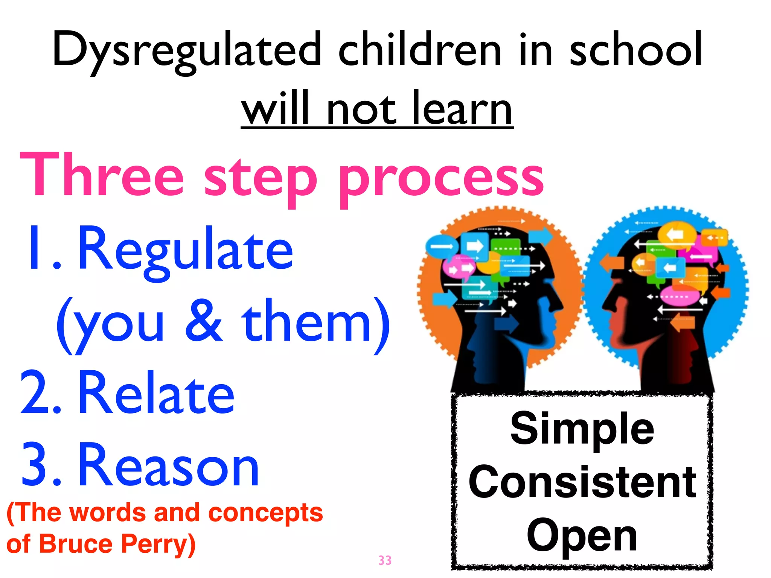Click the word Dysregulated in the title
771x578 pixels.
[x=187, y=51]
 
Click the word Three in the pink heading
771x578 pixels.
[x=102, y=175]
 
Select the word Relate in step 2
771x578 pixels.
[x=156, y=393]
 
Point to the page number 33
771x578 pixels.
[x=385, y=560]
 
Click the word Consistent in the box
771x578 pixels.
[x=582, y=482]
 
